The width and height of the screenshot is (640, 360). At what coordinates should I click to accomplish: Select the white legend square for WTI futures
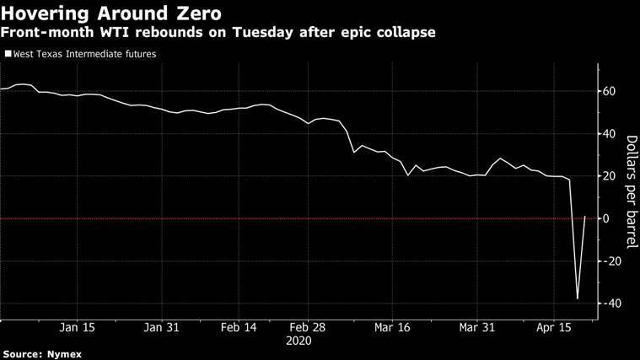[x=8, y=54]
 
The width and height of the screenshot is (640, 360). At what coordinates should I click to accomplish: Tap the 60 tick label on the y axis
[x=610, y=91]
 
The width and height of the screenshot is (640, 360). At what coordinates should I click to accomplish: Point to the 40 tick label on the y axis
[x=610, y=133]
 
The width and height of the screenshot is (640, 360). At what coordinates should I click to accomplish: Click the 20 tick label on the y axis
[x=610, y=176]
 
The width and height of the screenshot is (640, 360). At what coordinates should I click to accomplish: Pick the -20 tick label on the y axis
[x=612, y=261]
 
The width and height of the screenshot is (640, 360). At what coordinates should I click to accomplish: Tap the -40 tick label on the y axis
[x=612, y=304]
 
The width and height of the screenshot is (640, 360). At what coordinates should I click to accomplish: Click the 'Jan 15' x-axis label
[x=78, y=328]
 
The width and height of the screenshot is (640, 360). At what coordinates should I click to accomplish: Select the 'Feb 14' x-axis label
[x=238, y=328]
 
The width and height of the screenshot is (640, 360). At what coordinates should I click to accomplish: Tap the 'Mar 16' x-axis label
[x=391, y=328]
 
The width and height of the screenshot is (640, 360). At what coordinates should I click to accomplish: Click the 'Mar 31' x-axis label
[x=478, y=328]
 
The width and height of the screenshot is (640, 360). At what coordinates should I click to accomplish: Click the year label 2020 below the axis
[x=298, y=341]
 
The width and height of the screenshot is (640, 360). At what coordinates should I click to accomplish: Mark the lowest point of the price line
[x=578, y=298]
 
